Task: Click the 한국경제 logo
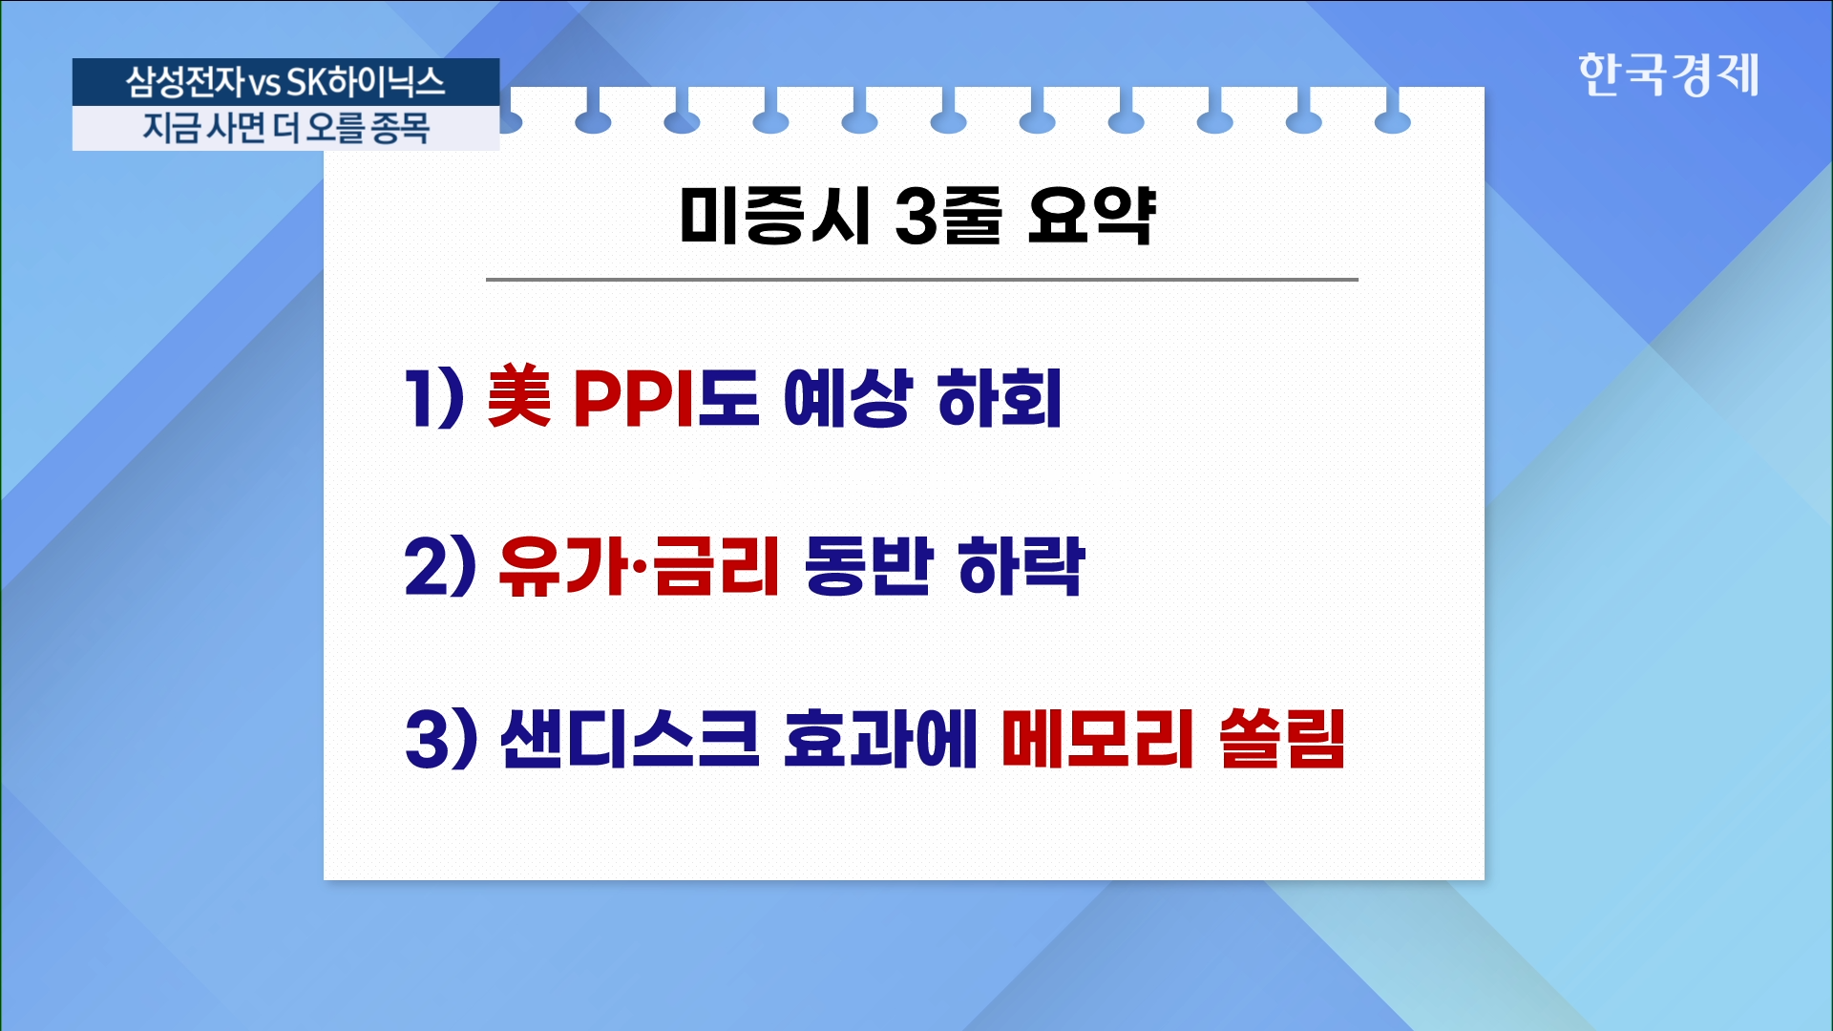point(1668,74)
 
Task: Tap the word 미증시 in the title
point(774,215)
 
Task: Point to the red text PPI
point(634,397)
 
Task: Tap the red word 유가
point(562,566)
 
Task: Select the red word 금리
point(716,566)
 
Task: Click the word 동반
point(868,566)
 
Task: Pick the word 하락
point(1021,566)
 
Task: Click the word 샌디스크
point(630,738)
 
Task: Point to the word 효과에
point(880,738)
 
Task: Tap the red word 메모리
point(1098,738)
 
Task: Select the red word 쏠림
point(1282,738)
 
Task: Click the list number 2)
point(439,566)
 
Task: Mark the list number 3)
point(440,738)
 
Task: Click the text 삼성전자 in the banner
point(186,82)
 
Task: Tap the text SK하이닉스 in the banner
point(366,82)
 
